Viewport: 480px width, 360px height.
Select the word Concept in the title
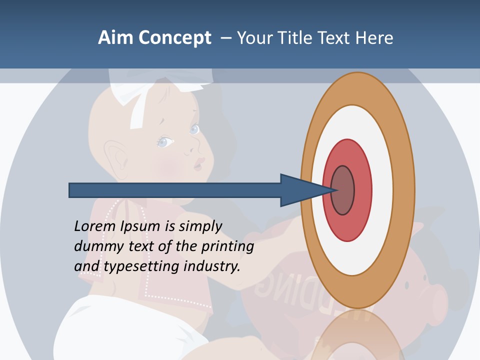tap(173, 38)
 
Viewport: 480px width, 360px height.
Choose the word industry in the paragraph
tap(212, 266)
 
